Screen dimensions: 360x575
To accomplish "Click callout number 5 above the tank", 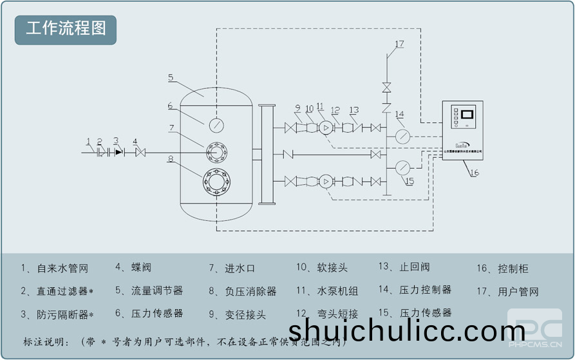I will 171,77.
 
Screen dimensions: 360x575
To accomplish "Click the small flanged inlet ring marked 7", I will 216,153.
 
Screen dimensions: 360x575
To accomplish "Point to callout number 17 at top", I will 399,44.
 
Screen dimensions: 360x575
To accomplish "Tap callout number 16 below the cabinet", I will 474,173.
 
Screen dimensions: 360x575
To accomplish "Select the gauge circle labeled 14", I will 402,137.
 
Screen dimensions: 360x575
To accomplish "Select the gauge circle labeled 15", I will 402,167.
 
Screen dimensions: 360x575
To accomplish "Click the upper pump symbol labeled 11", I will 326,128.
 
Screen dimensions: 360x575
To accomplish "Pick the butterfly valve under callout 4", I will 140,153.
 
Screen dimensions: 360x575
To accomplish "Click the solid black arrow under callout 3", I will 118,153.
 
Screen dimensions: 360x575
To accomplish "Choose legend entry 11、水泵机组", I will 327,291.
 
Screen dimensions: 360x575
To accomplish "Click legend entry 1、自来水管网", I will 54,268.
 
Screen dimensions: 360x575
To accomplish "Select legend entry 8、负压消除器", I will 242,291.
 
